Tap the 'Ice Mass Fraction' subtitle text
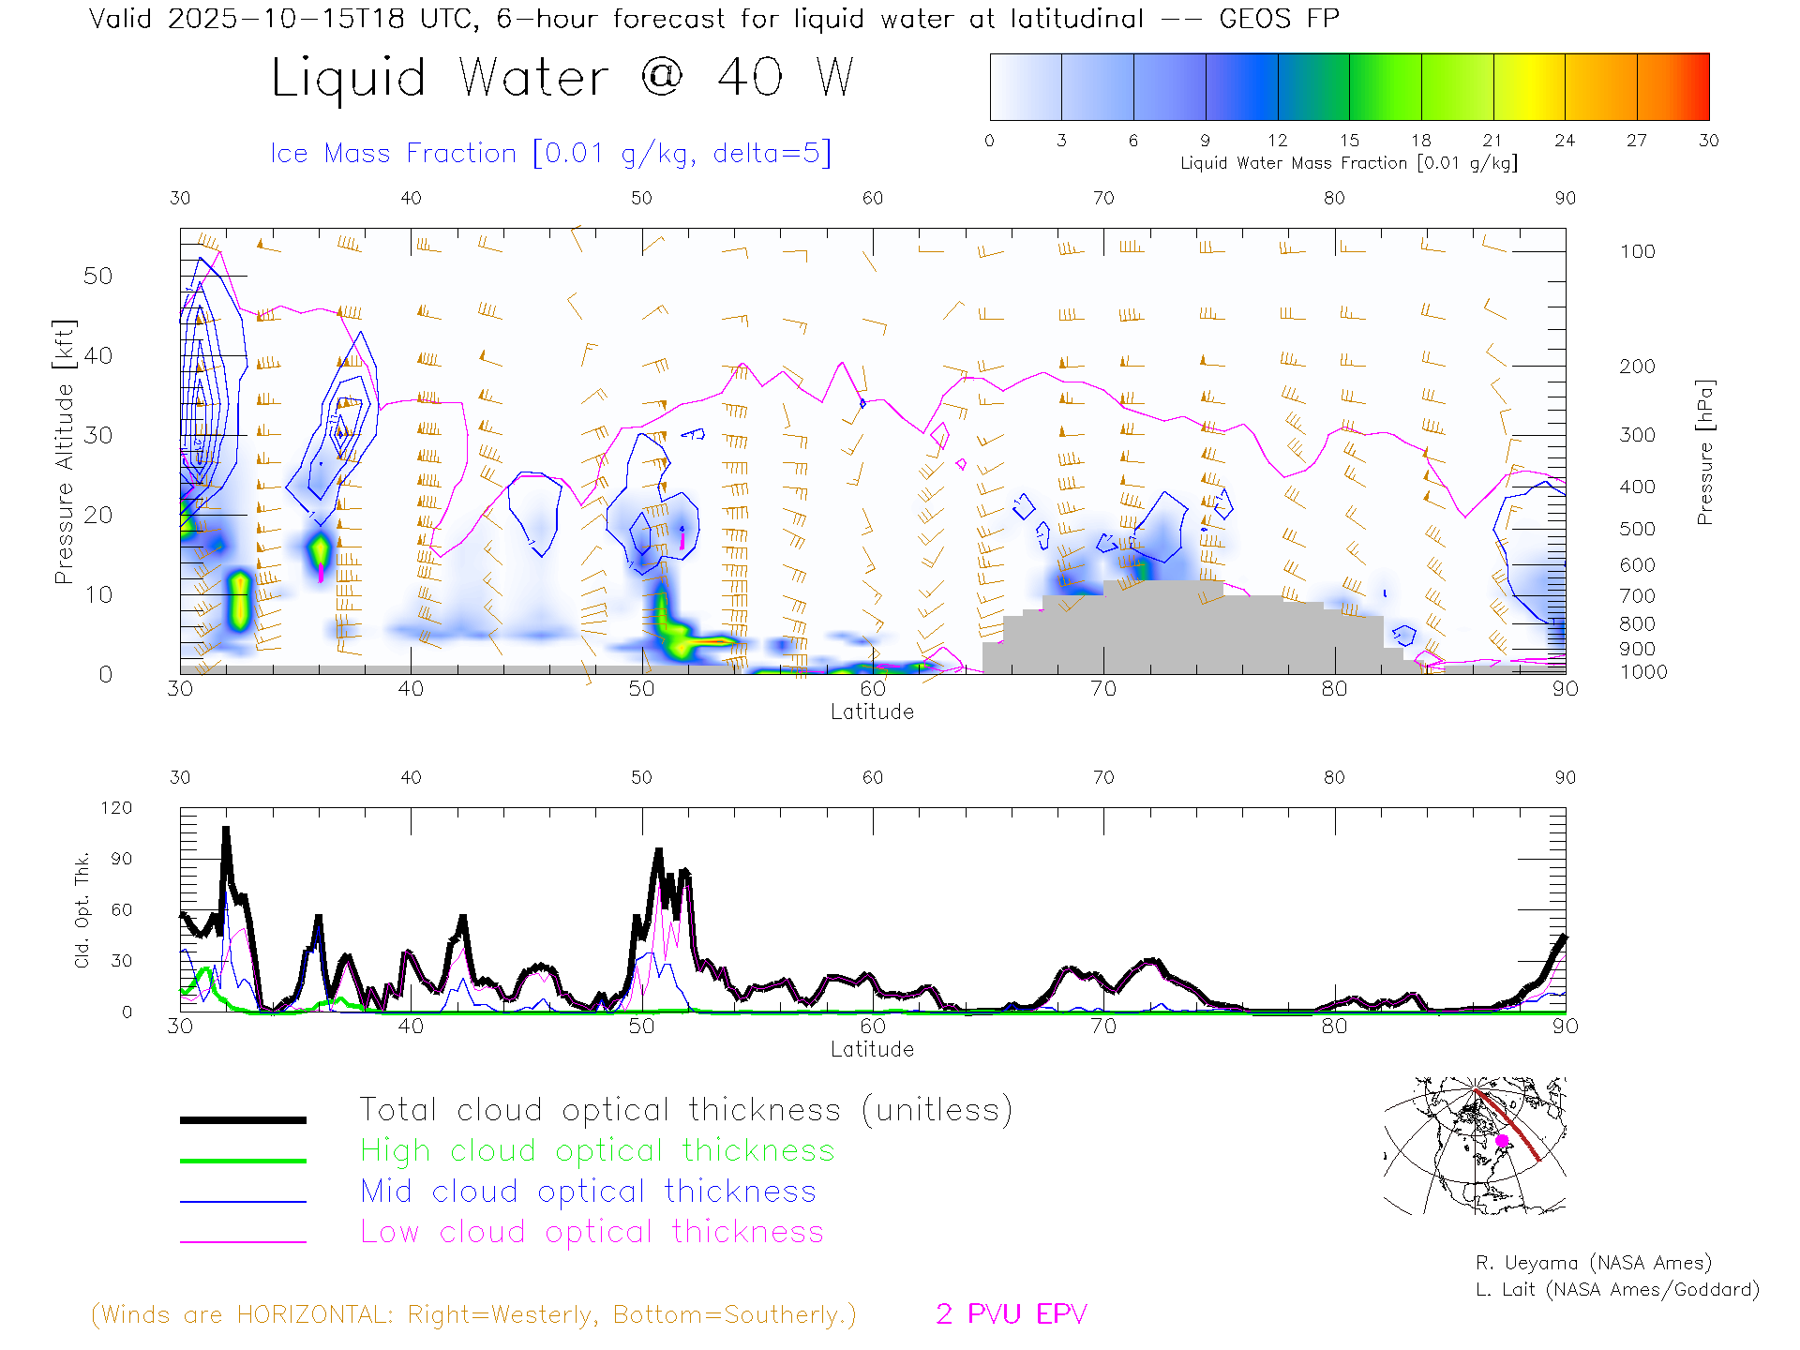[x=393, y=153]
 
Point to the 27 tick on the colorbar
[x=1637, y=141]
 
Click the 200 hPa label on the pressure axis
[x=1637, y=367]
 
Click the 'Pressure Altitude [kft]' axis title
[x=64, y=452]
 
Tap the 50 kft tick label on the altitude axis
[x=97, y=276]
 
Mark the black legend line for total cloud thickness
[x=243, y=1119]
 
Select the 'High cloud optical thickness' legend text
[x=597, y=1150]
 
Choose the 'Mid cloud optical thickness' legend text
[x=588, y=1192]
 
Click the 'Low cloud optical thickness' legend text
[x=592, y=1232]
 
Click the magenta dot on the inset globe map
[x=1502, y=1141]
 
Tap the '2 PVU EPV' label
[x=1011, y=1314]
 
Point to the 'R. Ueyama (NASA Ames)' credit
[x=1593, y=1263]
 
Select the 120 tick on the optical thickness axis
[x=117, y=808]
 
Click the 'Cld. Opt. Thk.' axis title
[x=82, y=909]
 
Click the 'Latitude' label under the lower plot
[x=872, y=1049]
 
